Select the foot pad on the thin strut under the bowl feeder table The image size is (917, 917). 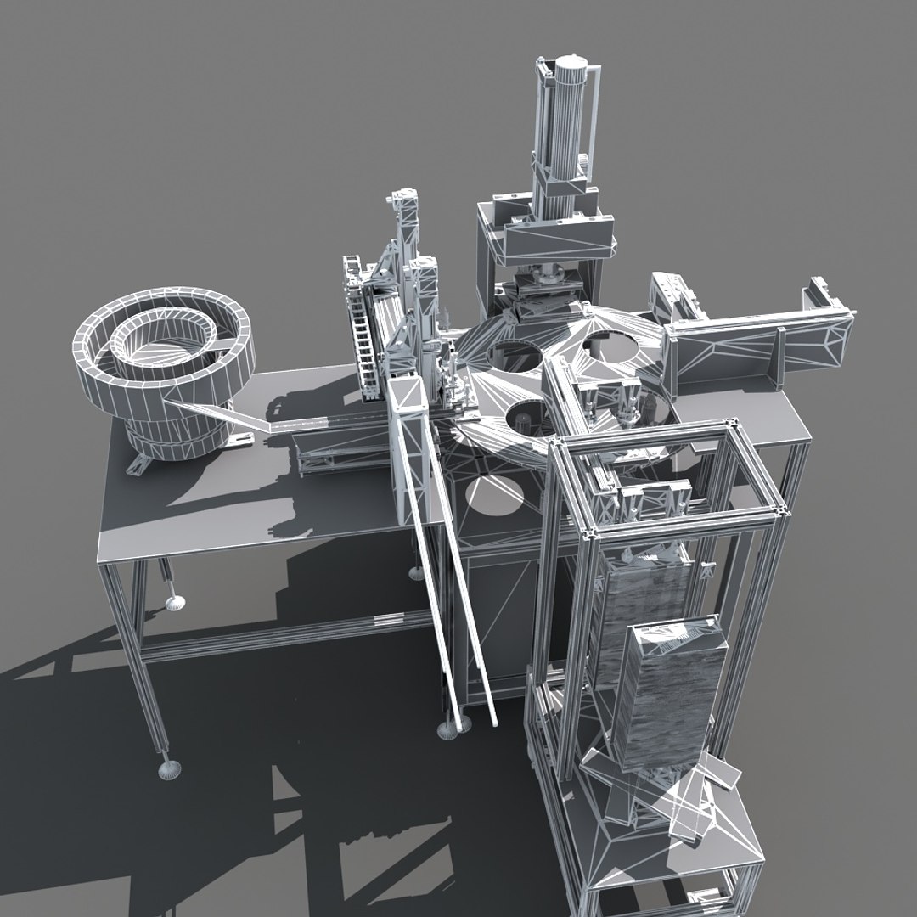tap(176, 604)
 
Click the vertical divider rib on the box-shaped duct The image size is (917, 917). tap(776, 357)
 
